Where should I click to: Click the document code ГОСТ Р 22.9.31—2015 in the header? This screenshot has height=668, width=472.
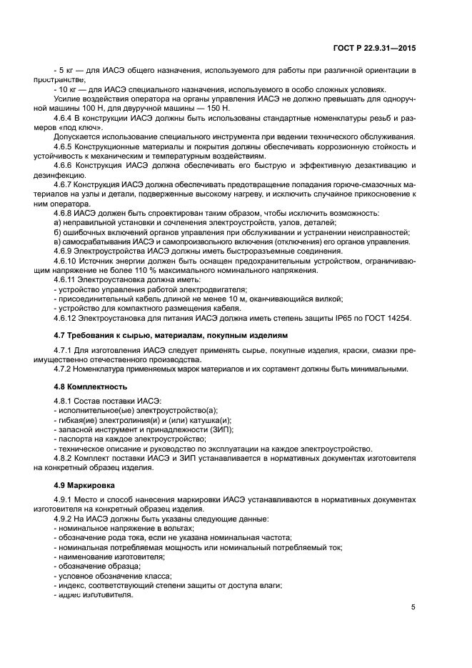pos(374,49)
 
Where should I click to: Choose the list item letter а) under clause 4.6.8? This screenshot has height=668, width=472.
pos(58,223)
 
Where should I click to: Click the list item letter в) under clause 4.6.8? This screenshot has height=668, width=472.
pos(58,241)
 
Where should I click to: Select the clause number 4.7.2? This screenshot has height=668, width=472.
pos(66,369)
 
